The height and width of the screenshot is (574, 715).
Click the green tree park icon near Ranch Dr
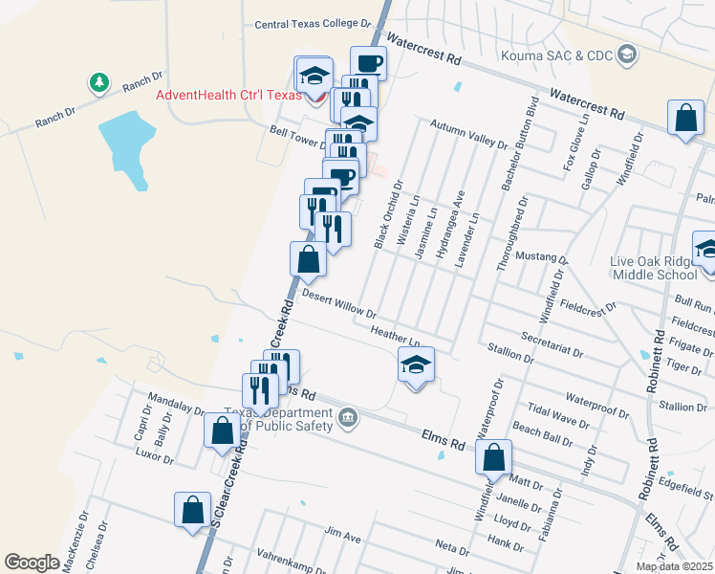(98, 83)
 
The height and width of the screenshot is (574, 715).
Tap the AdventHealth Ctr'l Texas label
(229, 96)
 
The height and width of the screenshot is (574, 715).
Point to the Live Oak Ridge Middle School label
(655, 268)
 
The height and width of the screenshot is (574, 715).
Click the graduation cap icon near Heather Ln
(416, 364)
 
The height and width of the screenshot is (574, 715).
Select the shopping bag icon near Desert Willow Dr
(308, 259)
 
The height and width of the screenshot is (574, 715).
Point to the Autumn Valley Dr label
(468, 135)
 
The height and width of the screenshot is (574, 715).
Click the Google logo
(32, 563)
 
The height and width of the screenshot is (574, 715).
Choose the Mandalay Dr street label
(176, 404)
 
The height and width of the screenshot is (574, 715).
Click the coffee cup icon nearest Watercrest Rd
(368, 63)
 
